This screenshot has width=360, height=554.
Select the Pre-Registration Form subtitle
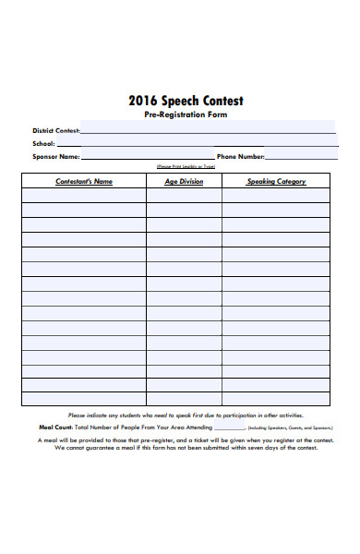tap(186, 115)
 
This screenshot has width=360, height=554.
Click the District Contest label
tap(55, 131)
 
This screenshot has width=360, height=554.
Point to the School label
tap(44, 144)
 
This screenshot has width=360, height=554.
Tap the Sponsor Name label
tap(56, 156)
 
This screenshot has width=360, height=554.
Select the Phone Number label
tap(240, 156)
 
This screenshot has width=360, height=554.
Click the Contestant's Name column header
tap(84, 182)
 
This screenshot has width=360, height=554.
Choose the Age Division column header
tap(184, 182)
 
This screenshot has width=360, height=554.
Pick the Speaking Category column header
tap(276, 182)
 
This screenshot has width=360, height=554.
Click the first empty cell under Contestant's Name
tap(84, 196)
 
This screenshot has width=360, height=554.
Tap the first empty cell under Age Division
tap(184, 196)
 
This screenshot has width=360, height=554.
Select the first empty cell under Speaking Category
tap(276, 196)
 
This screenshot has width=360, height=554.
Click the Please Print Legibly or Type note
tap(186, 166)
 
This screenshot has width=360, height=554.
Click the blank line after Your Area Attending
tap(230, 428)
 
